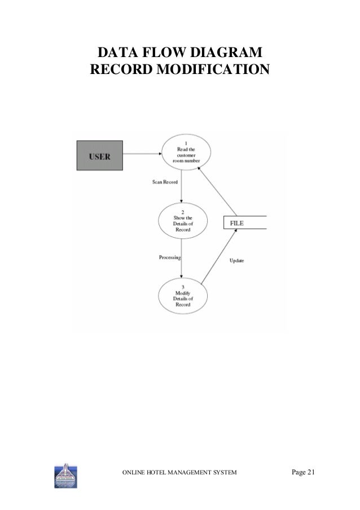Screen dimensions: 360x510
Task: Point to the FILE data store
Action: (x=245, y=223)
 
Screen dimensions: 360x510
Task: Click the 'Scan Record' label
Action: (x=165, y=182)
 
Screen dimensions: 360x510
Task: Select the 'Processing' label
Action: (x=169, y=258)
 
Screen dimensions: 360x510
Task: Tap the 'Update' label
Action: (x=237, y=261)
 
